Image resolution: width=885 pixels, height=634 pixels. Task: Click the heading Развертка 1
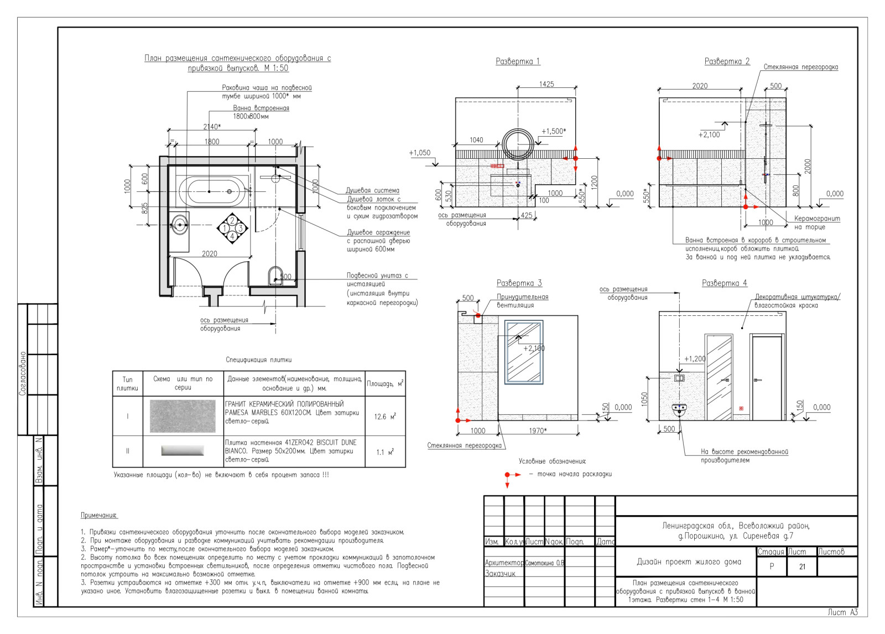pyautogui.click(x=518, y=61)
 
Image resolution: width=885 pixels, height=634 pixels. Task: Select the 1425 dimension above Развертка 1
pyautogui.click(x=546, y=85)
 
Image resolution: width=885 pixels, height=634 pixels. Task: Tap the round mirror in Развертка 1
pyautogui.click(x=519, y=142)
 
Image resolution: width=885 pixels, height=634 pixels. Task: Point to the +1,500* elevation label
pyautogui.click(x=553, y=132)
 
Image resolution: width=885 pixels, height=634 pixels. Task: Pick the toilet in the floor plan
pyautogui.click(x=275, y=277)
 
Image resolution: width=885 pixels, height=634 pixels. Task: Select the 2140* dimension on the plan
pyautogui.click(x=212, y=127)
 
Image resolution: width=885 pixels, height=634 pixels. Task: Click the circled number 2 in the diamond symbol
pyautogui.click(x=232, y=220)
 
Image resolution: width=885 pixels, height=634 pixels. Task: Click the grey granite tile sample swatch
pyautogui.click(x=183, y=416)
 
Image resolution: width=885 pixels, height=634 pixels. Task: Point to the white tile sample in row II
pyautogui.click(x=183, y=451)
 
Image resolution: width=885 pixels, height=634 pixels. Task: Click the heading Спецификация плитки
pyautogui.click(x=258, y=360)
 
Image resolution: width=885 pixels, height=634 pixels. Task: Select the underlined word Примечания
pyautogui.click(x=99, y=516)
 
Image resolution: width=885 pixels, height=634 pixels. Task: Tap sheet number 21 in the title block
pyautogui.click(x=802, y=567)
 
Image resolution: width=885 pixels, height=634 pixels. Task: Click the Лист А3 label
pyautogui.click(x=842, y=612)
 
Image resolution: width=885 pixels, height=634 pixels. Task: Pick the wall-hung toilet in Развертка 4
pyautogui.click(x=679, y=410)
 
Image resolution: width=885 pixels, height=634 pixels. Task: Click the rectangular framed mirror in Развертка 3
pyautogui.click(x=524, y=352)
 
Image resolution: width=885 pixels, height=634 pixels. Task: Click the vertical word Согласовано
pyautogui.click(x=23, y=373)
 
